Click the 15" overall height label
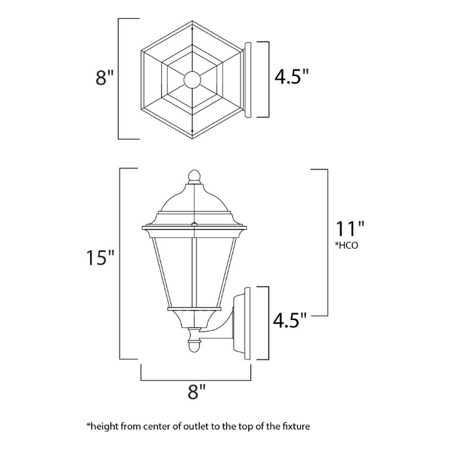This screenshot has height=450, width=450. [x=101, y=258]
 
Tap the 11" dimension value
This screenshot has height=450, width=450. [x=350, y=228]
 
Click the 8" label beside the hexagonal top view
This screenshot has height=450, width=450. [x=104, y=79]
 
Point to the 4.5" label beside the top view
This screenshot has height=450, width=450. [x=291, y=78]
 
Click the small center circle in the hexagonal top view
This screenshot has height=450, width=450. [x=192, y=80]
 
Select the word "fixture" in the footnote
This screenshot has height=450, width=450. [x=298, y=426]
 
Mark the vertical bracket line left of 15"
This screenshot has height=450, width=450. [x=120, y=264]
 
